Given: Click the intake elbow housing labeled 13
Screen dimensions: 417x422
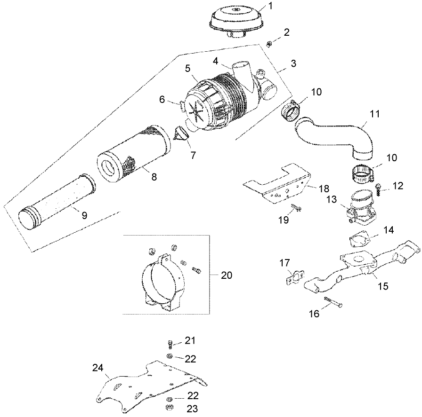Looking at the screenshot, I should [x=362, y=206].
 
